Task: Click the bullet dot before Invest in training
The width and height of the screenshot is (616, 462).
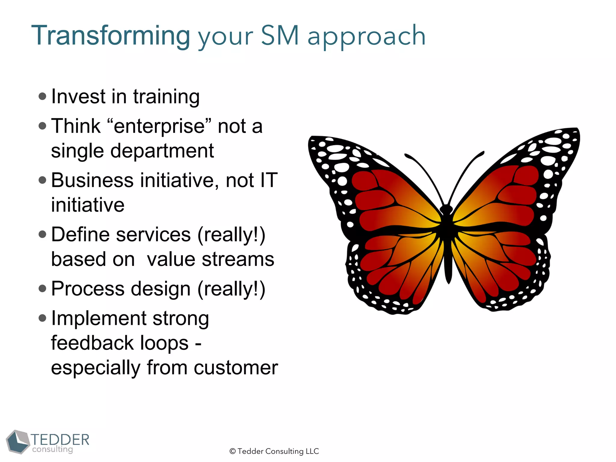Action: point(43,96)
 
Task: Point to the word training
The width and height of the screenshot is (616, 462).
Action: point(166,97)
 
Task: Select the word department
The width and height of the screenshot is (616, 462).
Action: point(162,151)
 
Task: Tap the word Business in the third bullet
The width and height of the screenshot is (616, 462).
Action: point(92,180)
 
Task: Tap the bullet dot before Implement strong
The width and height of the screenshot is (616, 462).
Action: point(43,318)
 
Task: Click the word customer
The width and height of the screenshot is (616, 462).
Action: point(236,368)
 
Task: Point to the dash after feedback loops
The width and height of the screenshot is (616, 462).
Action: point(198,344)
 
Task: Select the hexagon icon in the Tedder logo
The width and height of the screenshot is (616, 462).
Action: point(18,442)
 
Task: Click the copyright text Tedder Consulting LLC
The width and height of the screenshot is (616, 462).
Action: point(274,451)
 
